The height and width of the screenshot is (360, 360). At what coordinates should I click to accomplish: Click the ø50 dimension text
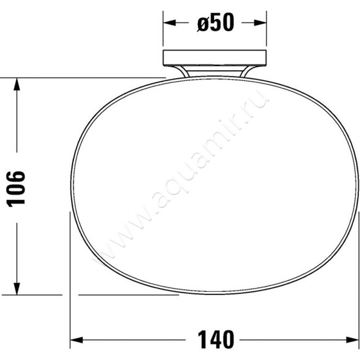[216, 23]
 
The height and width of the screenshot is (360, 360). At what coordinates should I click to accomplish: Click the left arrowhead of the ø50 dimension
[168, 23]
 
